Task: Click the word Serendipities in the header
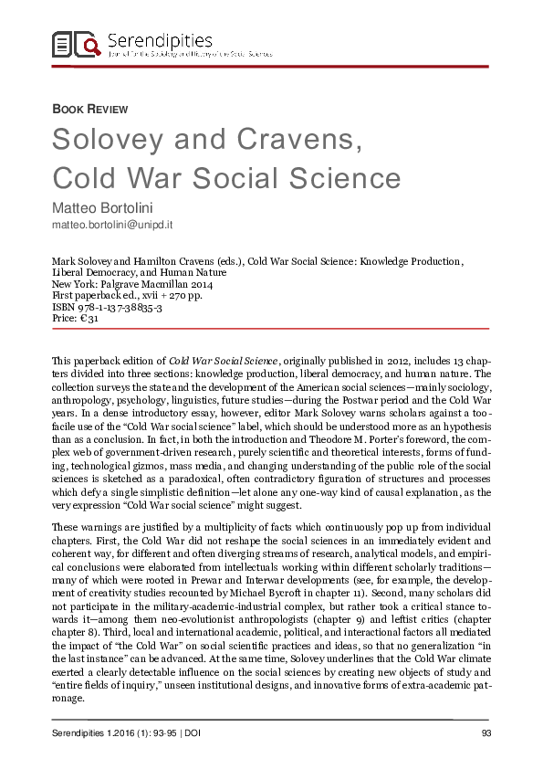160,39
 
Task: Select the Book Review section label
89,109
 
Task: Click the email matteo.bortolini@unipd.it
113,222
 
